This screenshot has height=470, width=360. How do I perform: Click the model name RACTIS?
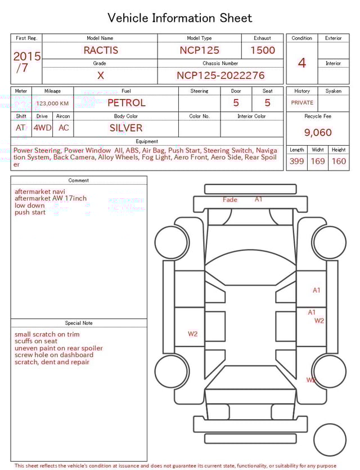click(x=101, y=50)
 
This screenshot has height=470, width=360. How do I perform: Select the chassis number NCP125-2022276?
click(x=220, y=75)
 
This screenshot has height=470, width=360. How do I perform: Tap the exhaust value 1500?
click(x=263, y=50)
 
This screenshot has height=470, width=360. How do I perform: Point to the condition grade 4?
click(x=302, y=62)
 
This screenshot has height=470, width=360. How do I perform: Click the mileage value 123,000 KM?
click(x=52, y=104)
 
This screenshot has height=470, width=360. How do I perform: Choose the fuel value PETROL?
click(x=126, y=102)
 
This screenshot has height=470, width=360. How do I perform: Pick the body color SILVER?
click(x=126, y=128)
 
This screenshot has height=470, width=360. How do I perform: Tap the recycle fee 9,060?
click(x=318, y=132)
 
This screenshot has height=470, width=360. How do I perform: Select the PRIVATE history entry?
click(x=302, y=103)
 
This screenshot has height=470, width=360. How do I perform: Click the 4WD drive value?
click(x=42, y=128)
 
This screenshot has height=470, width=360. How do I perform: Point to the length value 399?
click(x=296, y=161)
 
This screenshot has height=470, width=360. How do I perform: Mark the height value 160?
click(x=339, y=161)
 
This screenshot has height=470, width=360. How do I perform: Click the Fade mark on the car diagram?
click(x=230, y=200)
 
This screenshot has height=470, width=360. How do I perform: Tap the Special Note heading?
click(x=79, y=323)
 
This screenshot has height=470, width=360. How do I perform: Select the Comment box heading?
click(x=79, y=181)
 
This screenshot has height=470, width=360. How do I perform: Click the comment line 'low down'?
click(x=30, y=205)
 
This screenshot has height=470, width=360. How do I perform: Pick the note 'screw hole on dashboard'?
click(x=54, y=355)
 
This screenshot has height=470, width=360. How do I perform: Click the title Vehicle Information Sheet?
click(x=180, y=18)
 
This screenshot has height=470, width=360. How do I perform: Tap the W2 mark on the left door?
click(x=192, y=334)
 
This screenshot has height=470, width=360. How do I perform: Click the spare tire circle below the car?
click(x=330, y=440)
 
